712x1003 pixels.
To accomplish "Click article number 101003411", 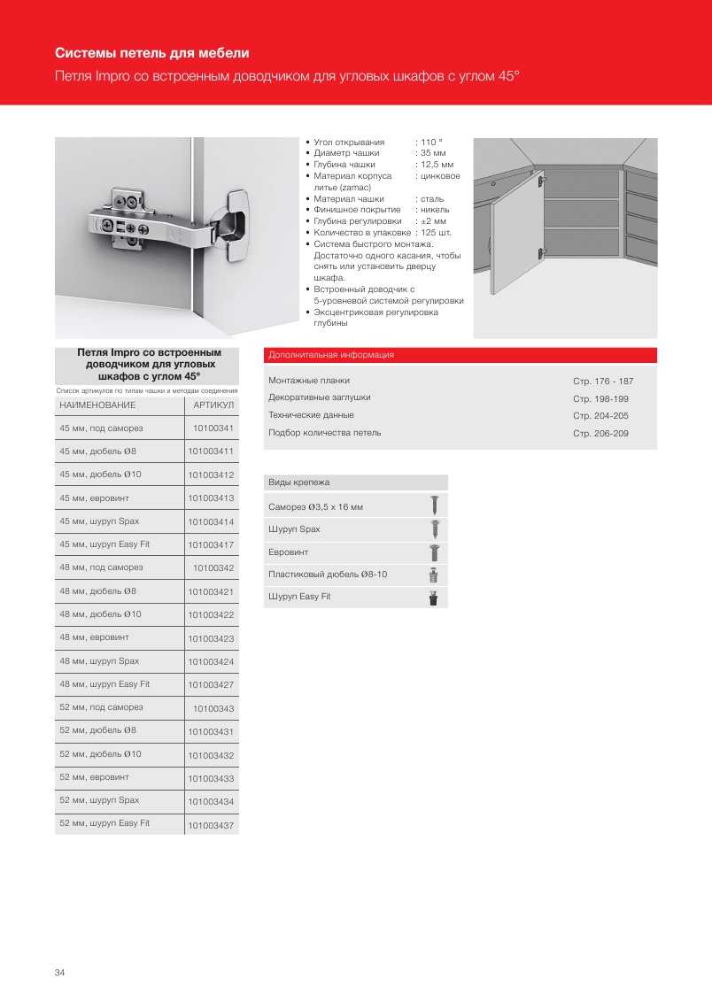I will (x=211, y=452).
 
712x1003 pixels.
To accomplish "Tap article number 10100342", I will (x=213, y=567).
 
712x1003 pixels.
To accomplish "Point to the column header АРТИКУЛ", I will (x=213, y=405).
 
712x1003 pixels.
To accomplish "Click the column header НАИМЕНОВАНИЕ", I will (x=97, y=405).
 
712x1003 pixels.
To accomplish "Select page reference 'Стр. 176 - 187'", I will (x=603, y=381).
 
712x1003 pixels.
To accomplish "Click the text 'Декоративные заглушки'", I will (x=320, y=397).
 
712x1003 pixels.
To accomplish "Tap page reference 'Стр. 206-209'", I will (x=600, y=434).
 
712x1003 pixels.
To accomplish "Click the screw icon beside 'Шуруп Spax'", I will (x=434, y=529).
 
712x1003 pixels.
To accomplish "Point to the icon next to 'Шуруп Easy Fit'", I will (x=434, y=598).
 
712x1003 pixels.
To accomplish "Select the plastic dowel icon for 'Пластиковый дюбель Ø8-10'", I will (x=434, y=575).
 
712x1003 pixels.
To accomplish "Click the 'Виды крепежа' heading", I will (x=299, y=482).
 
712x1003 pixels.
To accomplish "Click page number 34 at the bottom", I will (x=59, y=973).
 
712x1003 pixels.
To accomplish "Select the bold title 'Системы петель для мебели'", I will (x=151, y=53).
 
